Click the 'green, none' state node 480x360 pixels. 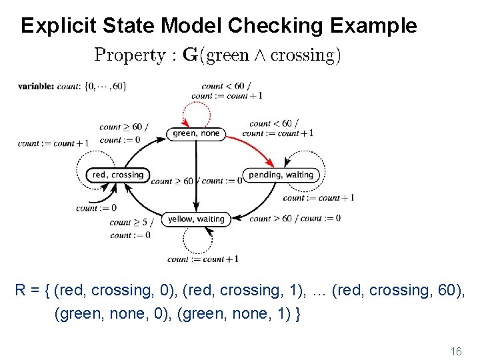[x=195, y=133]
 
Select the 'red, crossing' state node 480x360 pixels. [x=117, y=175]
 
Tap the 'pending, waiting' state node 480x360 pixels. [x=281, y=175]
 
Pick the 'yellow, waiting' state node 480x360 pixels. [x=195, y=219]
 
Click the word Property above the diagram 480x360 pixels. [x=131, y=55]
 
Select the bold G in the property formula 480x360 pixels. [x=190, y=55]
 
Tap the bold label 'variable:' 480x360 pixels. [x=36, y=86]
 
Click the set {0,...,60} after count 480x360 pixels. [x=105, y=86]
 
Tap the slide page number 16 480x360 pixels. [x=457, y=351]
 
